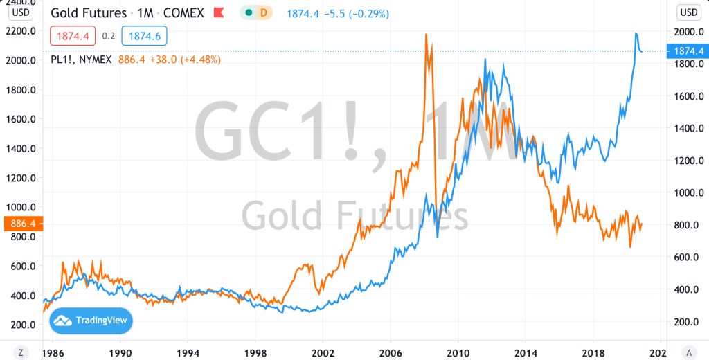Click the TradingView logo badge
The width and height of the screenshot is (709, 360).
point(91,321)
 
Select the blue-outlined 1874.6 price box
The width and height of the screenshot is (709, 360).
point(144,35)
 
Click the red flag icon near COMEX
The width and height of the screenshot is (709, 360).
point(219,13)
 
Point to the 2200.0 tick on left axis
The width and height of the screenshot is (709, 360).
point(21,31)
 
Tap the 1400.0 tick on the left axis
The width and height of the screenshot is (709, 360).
point(21,148)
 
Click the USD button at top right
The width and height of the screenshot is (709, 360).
point(688,12)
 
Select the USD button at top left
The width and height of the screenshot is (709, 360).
point(21,12)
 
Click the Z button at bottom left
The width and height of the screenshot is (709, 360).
point(21,352)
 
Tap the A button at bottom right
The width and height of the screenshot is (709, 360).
point(688,352)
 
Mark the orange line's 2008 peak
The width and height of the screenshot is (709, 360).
point(425,34)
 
